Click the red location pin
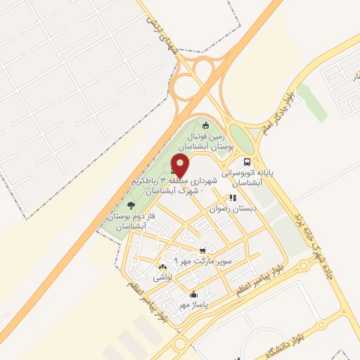pos(181,166)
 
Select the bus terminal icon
pos(246,161)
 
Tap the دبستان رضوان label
pos(233,209)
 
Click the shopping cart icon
pos(203,250)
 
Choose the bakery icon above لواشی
pos(163,266)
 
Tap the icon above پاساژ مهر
pos(193,295)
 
